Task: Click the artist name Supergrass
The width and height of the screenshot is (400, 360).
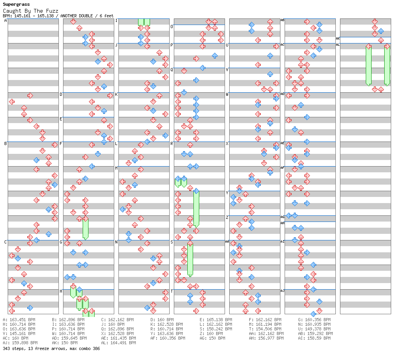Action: [x=16, y=5]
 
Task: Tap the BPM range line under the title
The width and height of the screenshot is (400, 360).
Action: [x=58, y=16]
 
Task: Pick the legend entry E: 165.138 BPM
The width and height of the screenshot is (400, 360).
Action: [x=216, y=320]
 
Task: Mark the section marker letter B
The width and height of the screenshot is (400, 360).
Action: [x=5, y=143]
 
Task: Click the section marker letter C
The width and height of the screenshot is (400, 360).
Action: [x=5, y=242]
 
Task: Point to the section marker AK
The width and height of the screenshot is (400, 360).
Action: [x=338, y=38]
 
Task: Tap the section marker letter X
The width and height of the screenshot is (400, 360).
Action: [x=227, y=143]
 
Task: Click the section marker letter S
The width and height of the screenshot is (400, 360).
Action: [x=172, y=242]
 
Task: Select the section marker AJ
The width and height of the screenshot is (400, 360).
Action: [x=282, y=291]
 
